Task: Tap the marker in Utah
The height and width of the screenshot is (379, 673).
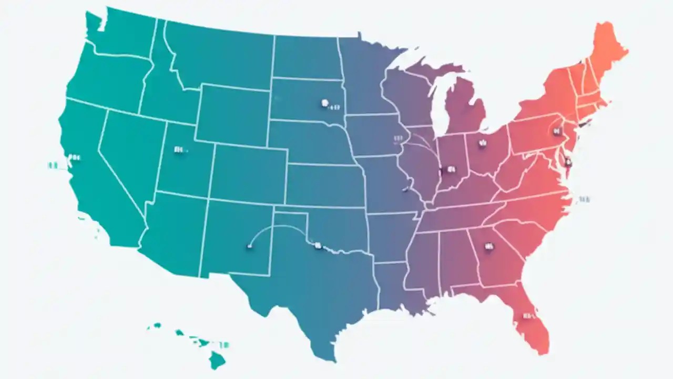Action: tap(179, 149)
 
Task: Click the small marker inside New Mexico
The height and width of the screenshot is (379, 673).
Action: tap(249, 245)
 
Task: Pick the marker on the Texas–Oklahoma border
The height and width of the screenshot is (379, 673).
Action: tap(317, 245)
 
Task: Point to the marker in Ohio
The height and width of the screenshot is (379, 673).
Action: tap(482, 142)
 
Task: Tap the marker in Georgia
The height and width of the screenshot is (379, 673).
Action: tap(489, 246)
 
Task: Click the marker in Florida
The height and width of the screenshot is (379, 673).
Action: tap(526, 316)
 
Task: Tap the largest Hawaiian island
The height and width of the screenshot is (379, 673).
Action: tap(217, 360)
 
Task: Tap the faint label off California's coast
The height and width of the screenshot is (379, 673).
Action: tap(52, 165)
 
